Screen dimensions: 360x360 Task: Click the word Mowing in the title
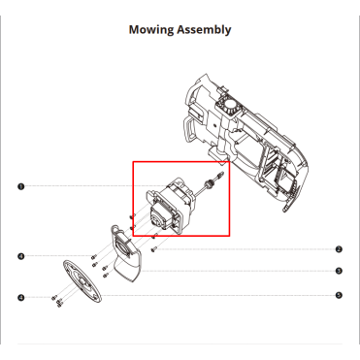(x=151, y=30)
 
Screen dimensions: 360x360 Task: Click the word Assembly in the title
(x=204, y=30)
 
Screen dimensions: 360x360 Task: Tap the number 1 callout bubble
(x=21, y=186)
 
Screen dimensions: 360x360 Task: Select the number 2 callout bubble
(x=339, y=249)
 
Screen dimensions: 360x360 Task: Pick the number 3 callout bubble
(x=339, y=271)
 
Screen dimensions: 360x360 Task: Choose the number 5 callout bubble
(x=339, y=295)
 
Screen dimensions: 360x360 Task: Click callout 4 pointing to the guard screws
(x=21, y=256)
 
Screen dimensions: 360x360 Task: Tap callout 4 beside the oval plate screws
(x=21, y=297)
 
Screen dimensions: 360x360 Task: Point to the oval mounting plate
(x=82, y=281)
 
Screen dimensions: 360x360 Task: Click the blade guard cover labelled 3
(x=125, y=253)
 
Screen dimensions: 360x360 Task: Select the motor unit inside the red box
(x=169, y=207)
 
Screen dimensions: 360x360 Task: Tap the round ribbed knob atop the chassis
(x=230, y=107)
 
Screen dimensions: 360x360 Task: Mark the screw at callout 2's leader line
(x=153, y=249)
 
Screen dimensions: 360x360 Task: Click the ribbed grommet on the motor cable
(x=209, y=184)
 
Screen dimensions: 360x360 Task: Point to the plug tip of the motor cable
(x=220, y=174)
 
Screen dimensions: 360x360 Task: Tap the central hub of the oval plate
(x=82, y=280)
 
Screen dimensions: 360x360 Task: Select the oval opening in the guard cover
(x=125, y=248)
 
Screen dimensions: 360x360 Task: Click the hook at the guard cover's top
(x=114, y=229)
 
